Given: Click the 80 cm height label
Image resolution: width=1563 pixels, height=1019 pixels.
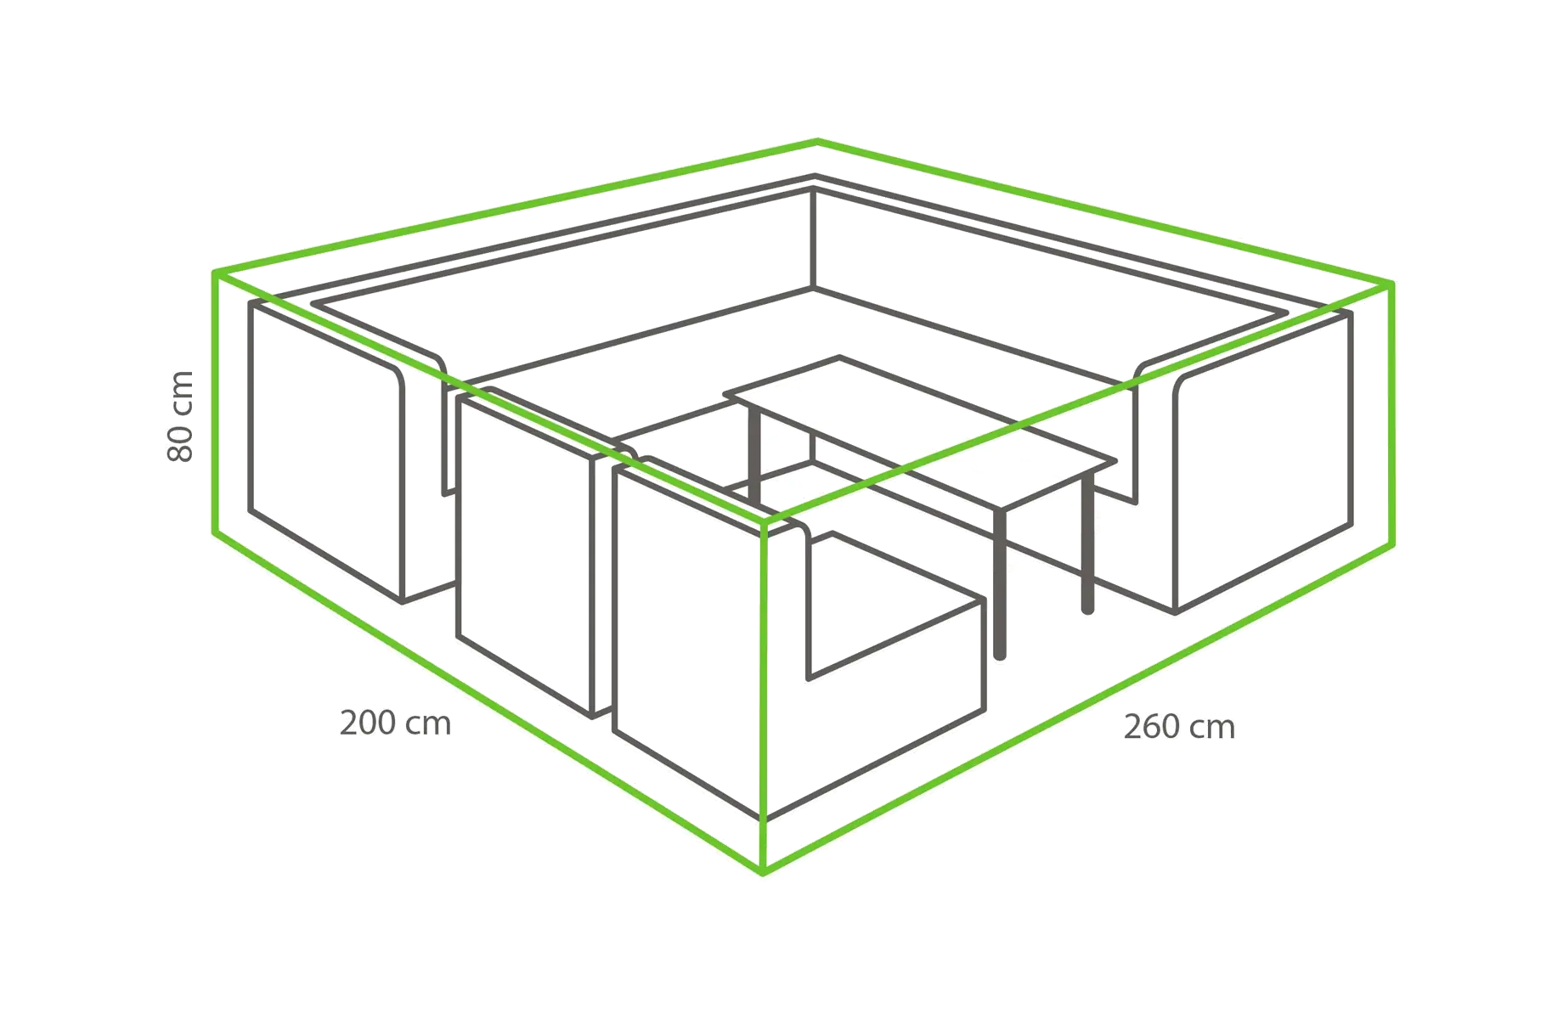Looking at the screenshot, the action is point(181,416).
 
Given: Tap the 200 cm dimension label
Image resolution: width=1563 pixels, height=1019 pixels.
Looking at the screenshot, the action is point(395,723).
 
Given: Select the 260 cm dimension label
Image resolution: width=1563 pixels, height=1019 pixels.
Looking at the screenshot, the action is point(1179,728).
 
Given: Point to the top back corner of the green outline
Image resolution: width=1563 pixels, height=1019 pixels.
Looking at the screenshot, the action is point(817,141).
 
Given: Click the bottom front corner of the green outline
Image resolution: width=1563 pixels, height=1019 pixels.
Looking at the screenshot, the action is point(763,871).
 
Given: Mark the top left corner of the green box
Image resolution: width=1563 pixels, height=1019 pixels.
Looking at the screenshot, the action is point(215,273).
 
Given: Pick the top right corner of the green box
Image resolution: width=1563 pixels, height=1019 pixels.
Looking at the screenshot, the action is point(1391,284).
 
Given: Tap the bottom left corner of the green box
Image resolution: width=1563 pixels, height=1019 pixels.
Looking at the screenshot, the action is point(215,533).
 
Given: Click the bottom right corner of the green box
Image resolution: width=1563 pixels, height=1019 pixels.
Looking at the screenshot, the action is point(1391,544).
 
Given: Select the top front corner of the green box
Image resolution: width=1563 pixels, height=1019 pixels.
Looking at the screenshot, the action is point(765,521).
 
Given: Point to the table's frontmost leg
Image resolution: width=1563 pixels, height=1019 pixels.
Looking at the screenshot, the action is point(1000,584).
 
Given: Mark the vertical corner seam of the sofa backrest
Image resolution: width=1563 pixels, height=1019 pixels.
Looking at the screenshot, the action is point(813,239).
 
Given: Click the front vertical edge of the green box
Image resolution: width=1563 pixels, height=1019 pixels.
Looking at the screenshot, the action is point(764,696).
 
